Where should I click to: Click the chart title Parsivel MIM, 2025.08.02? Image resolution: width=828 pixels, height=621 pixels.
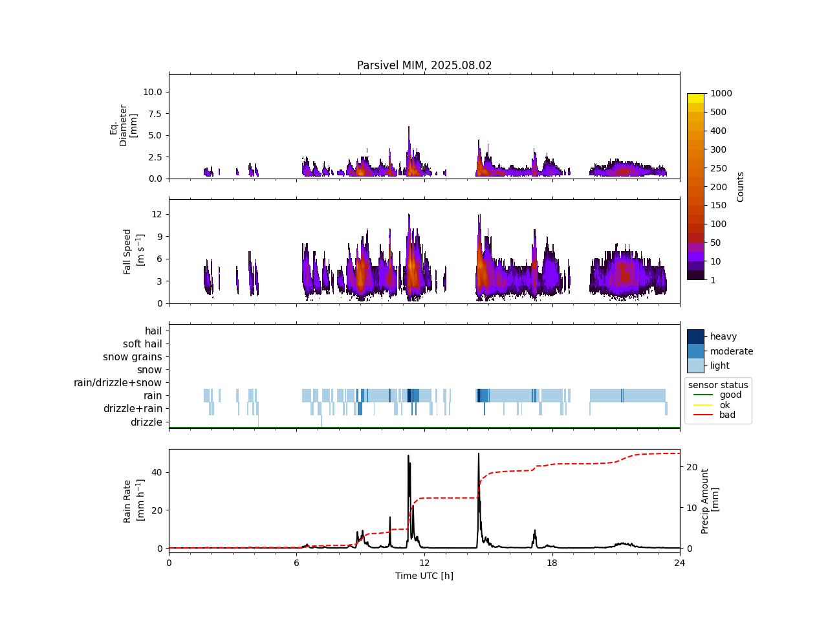[424, 65]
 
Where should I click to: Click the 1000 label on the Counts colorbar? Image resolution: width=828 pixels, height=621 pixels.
[721, 93]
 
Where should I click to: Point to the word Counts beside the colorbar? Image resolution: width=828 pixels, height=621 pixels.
[741, 187]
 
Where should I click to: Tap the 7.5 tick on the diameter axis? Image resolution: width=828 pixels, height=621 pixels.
[153, 114]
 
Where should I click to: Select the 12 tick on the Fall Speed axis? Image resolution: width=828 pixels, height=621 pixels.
[157, 214]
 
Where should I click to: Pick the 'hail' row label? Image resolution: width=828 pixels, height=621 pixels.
[153, 331]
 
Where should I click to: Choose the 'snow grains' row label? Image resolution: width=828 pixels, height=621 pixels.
[133, 357]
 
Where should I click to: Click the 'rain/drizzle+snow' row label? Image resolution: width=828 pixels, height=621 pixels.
[118, 383]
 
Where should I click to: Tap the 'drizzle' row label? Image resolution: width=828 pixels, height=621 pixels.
[146, 422]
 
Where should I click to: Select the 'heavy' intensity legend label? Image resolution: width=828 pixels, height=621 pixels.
[723, 336]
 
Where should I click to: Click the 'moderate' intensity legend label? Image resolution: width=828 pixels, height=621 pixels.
[732, 351]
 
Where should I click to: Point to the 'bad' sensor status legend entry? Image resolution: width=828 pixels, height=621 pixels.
[727, 415]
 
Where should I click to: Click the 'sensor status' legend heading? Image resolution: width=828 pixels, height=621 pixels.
[718, 385]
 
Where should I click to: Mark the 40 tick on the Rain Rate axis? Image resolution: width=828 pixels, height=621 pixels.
[157, 472]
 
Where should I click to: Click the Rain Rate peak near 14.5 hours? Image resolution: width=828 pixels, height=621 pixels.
[479, 454]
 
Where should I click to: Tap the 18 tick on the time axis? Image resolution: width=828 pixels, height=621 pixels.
[552, 563]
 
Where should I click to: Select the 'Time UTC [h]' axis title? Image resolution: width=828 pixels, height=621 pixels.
[424, 576]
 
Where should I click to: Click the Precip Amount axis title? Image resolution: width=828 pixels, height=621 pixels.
[710, 501]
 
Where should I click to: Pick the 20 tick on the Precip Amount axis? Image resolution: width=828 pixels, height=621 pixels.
[692, 467]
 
